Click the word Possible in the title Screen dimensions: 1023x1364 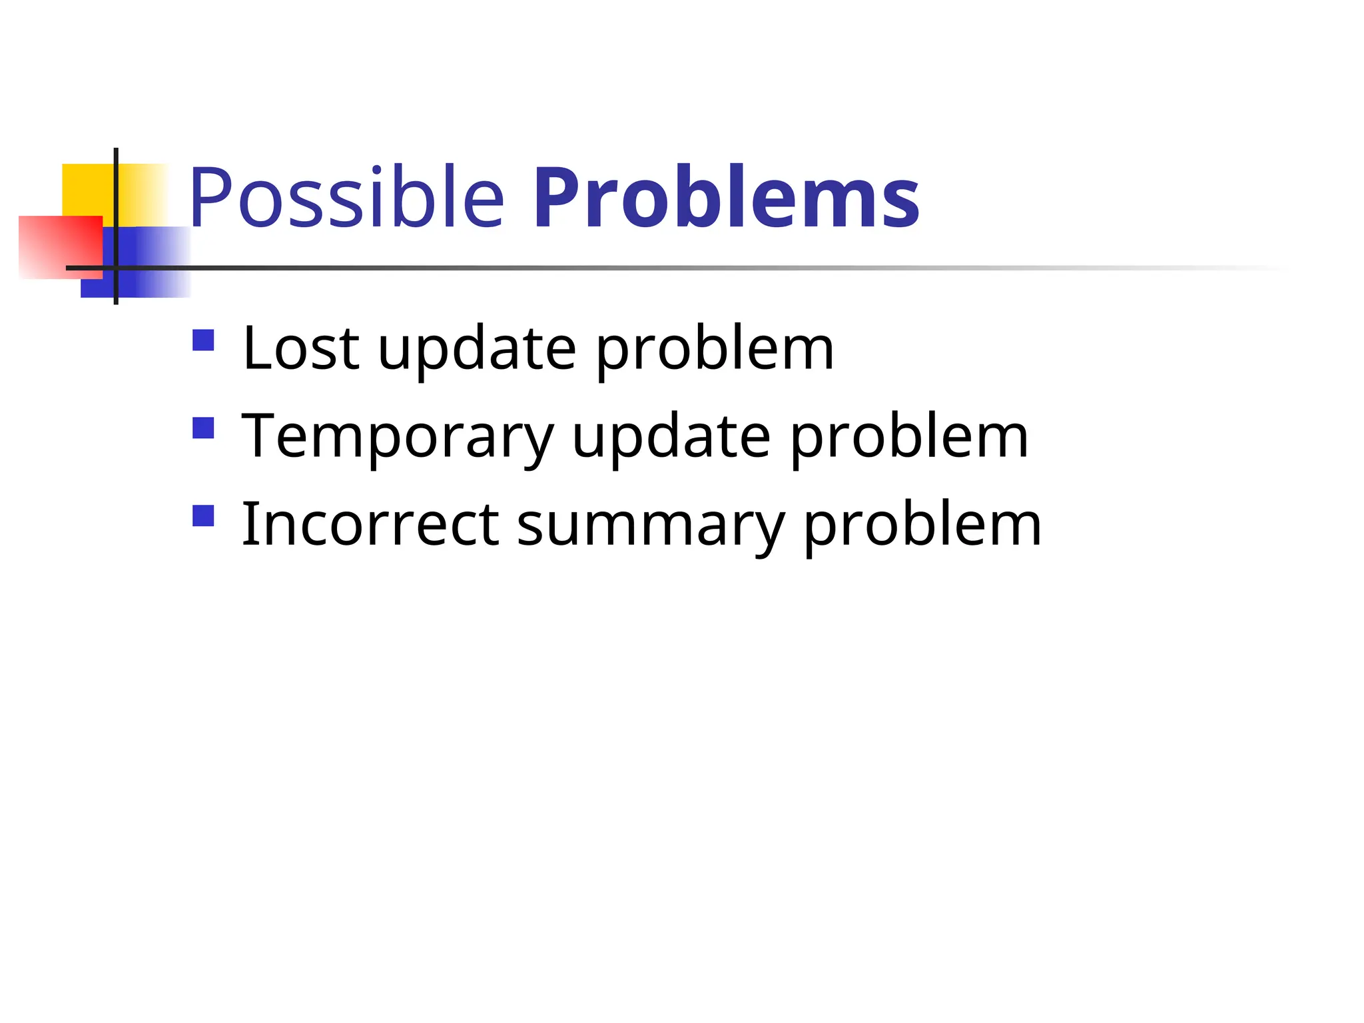tap(346, 198)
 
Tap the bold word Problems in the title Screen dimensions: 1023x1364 tap(726, 198)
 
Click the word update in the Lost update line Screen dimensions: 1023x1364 tap(477, 350)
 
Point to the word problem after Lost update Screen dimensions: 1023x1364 tap(714, 350)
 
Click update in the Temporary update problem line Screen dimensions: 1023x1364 tap(671, 438)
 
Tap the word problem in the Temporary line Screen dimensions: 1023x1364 tap(909, 438)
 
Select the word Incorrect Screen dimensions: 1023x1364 tap(370, 525)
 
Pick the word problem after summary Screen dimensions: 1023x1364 tap(922, 526)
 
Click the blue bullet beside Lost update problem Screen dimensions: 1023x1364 tap(203, 340)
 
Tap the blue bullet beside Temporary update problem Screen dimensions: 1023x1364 tap(203, 428)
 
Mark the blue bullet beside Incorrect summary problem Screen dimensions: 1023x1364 tap(203, 516)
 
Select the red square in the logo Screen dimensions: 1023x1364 tap(60, 246)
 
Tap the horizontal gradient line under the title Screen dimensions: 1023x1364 tap(666, 268)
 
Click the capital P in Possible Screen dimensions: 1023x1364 tap(208, 198)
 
